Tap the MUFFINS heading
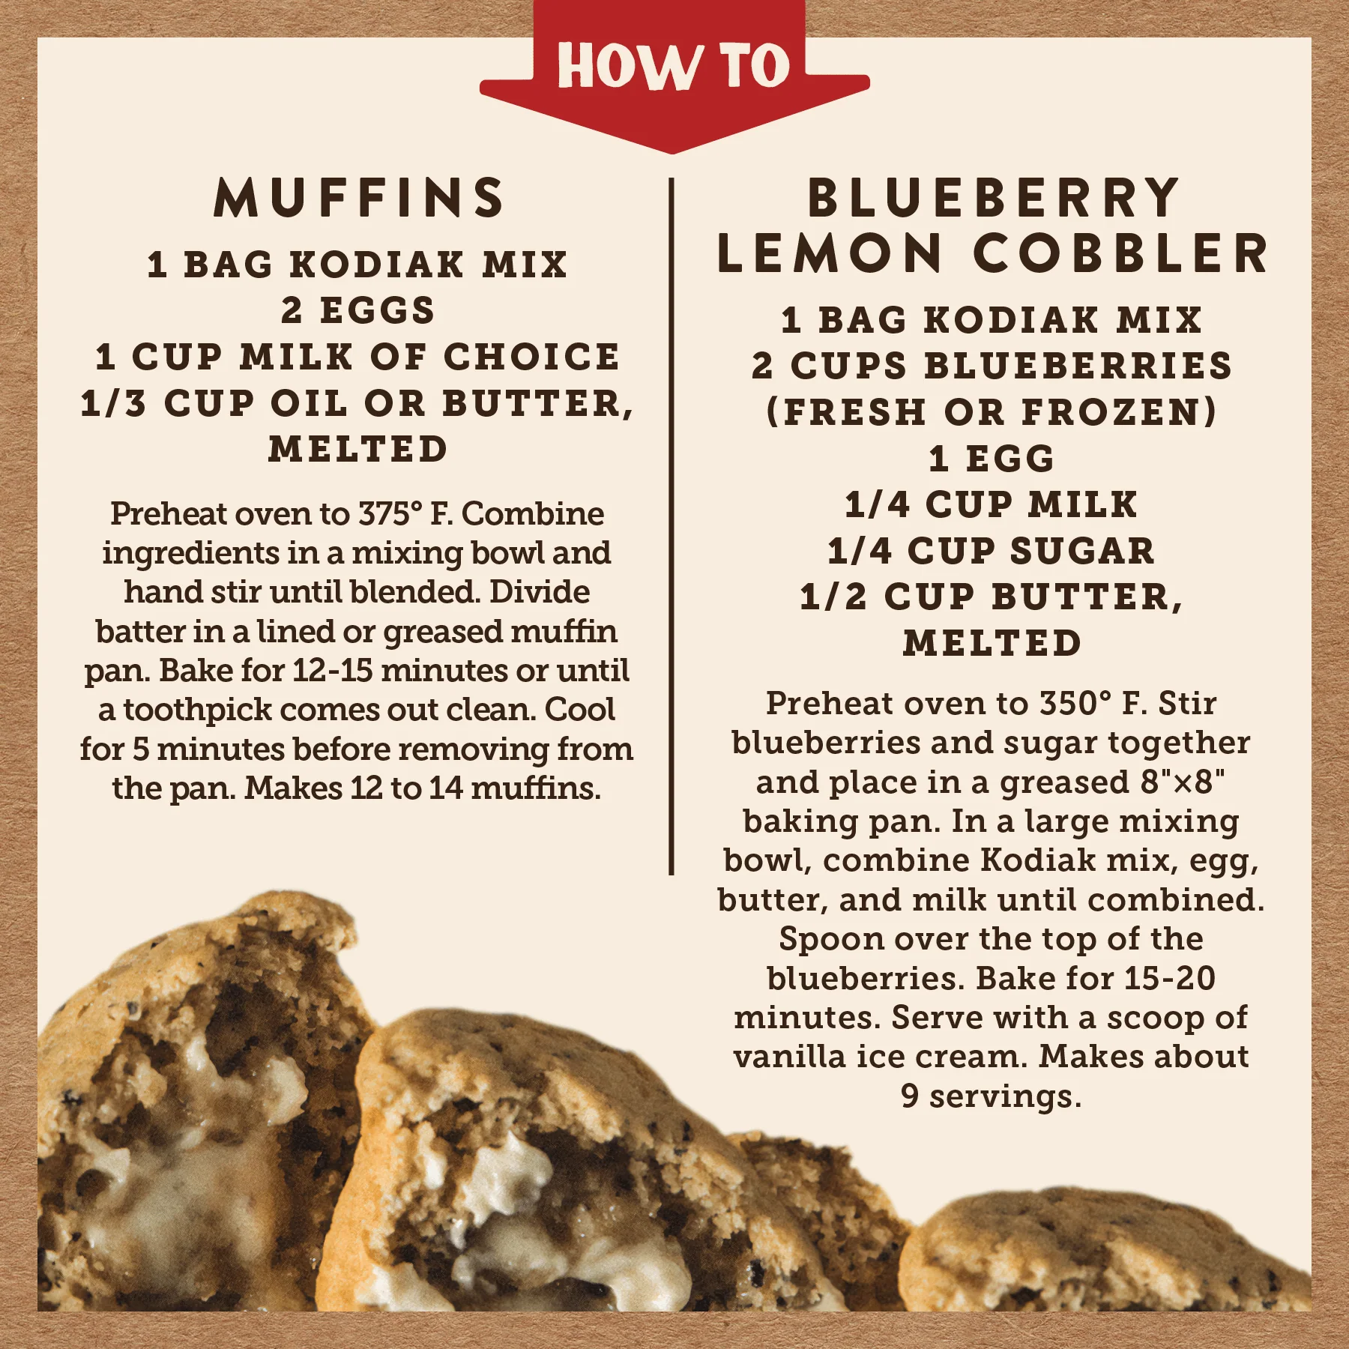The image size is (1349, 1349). click(x=359, y=199)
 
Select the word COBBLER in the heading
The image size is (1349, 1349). click(x=1120, y=253)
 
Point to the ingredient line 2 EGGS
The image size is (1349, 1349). click(x=358, y=311)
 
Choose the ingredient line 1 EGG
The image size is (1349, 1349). click(x=991, y=459)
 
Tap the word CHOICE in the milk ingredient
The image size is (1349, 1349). click(x=532, y=357)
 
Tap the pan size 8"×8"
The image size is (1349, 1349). click(x=1182, y=782)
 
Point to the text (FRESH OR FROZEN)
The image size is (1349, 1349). click(x=991, y=412)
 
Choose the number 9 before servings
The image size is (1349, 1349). click(x=909, y=1096)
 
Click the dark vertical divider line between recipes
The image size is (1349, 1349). click(x=672, y=525)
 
